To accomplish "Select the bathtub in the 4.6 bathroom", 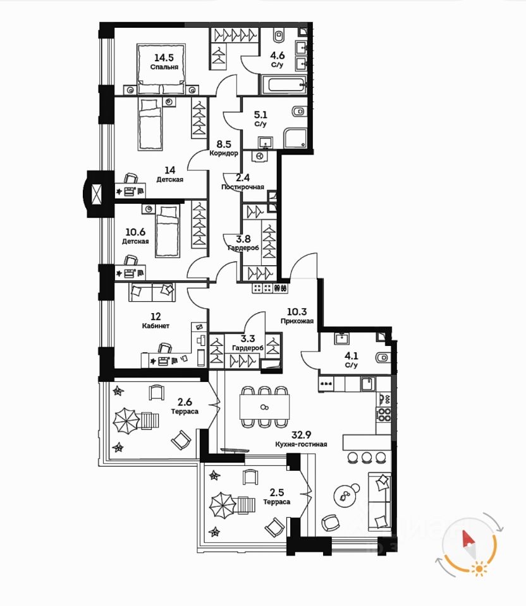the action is (282, 84).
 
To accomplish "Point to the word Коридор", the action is (224, 153).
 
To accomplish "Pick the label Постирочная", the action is (242, 187).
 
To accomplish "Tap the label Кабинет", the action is (155, 326).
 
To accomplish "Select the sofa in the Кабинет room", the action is (152, 292).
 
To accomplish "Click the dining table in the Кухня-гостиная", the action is (265, 406).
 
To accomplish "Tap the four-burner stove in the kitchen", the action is (384, 414).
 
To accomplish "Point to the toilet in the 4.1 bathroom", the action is (381, 358).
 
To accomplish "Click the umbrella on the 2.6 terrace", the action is (126, 419).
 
